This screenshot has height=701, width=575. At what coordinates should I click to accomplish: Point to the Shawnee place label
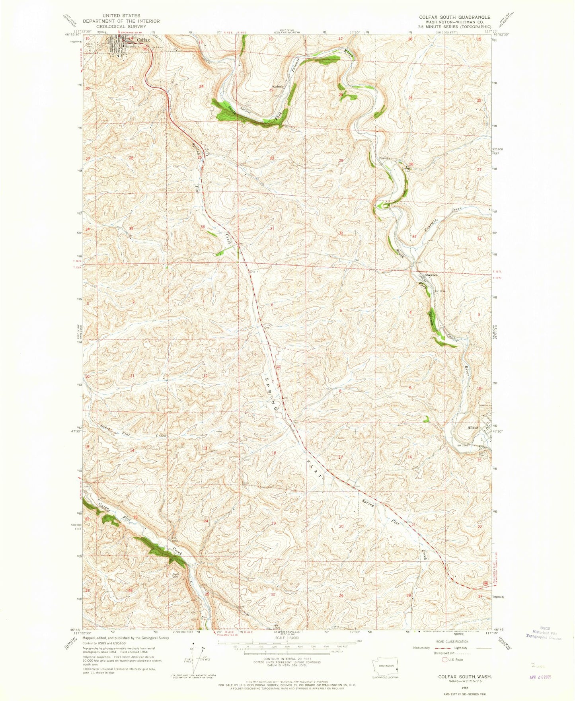click(x=431, y=275)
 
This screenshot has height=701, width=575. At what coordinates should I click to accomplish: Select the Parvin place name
click(x=384, y=158)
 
